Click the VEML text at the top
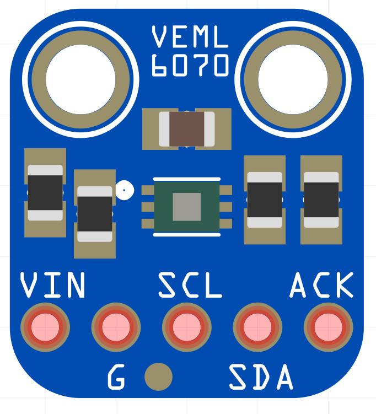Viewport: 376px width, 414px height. (190, 37)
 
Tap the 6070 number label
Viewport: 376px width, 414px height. (190, 65)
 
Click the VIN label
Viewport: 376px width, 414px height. (53, 285)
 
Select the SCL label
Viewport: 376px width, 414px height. (190, 285)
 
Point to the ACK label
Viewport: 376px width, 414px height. (322, 285)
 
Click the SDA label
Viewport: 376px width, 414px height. (260, 378)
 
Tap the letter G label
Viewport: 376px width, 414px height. (116, 378)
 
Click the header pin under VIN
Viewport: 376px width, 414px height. (45, 327)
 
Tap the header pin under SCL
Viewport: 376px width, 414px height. (187, 327)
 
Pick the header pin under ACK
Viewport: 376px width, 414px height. (329, 327)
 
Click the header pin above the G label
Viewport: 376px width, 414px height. (116, 327)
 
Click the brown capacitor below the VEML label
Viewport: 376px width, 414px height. (187, 129)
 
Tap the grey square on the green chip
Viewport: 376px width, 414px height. (187, 207)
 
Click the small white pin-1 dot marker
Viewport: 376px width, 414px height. (124, 191)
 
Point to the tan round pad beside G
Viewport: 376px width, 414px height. (158, 377)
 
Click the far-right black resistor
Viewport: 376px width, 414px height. (321, 200)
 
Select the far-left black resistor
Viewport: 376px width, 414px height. (45, 192)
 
